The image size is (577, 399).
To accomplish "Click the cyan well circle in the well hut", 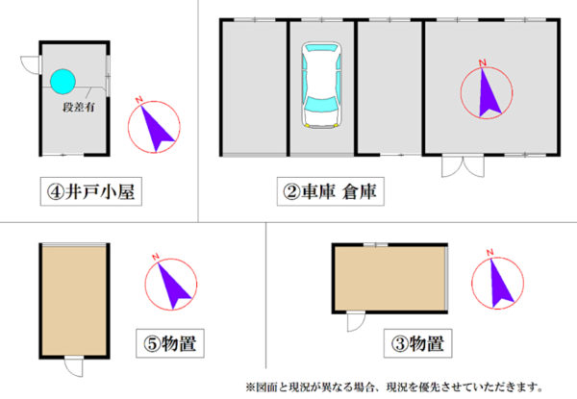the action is pyautogui.click(x=63, y=82).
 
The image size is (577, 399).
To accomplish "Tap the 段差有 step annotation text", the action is pyautogui.click(x=79, y=107).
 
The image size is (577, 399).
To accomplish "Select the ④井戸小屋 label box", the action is pyautogui.click(x=91, y=191).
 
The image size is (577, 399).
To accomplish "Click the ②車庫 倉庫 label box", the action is pyautogui.click(x=331, y=191).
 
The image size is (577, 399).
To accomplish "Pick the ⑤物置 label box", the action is pyautogui.click(x=170, y=343).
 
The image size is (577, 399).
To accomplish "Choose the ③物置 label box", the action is pyautogui.click(x=417, y=343).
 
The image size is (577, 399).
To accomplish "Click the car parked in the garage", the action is pyautogui.click(x=321, y=85).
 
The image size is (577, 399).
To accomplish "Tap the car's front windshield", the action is pyautogui.click(x=321, y=104).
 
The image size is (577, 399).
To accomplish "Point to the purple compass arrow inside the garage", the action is pyautogui.click(x=489, y=95).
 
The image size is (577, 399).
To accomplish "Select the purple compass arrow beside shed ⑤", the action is pyautogui.click(x=173, y=287).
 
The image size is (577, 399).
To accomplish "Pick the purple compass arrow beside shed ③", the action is pyautogui.click(x=500, y=284).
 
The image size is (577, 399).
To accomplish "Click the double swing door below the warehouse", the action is pyautogui.click(x=463, y=166).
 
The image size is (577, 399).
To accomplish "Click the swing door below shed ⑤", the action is pyautogui.click(x=74, y=366).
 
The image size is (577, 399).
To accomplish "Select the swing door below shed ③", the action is pyautogui.click(x=356, y=322).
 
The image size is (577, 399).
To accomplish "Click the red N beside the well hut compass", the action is pyautogui.click(x=138, y=100).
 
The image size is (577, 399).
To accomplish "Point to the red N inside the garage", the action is pyautogui.click(x=483, y=62).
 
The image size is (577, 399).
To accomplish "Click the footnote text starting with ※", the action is pyautogui.click(x=394, y=387).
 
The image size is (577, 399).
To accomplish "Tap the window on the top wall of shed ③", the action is pyautogui.click(x=376, y=244).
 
